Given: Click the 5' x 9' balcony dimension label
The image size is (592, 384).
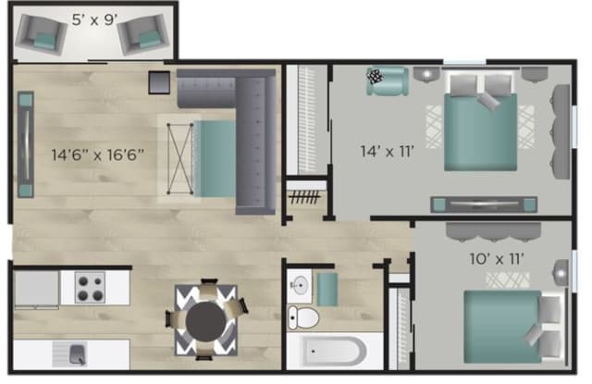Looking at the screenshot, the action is tap(94, 19).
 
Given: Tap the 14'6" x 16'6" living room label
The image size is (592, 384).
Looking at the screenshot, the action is tap(98, 155).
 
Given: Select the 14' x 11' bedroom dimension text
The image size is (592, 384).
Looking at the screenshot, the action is tap(387, 152).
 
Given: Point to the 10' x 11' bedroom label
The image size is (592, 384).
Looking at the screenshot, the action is tap(497, 259).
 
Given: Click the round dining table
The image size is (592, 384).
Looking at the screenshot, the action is tap(205, 322).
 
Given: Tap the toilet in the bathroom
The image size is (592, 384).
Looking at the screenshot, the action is tap(302, 318).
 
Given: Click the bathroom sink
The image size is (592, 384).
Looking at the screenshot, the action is tap(300, 286).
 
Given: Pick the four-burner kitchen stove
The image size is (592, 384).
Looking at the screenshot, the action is tap(91, 288).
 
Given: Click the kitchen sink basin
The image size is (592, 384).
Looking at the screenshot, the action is tap(78, 354).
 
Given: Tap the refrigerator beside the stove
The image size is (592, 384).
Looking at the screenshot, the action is tap(36, 289).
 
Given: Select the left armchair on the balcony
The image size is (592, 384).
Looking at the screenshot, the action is tap(42, 35).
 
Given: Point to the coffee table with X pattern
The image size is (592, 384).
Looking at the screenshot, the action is tap(179, 158).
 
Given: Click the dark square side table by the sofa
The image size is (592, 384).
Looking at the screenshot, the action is tap(159, 82).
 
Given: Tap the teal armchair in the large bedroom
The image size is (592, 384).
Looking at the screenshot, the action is tap(388, 81).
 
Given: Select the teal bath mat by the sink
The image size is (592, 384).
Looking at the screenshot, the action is tap(327, 290).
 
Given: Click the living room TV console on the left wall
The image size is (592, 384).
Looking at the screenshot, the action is tap(26, 144).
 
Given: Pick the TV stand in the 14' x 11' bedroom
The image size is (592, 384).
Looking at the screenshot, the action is tap(484, 204).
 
